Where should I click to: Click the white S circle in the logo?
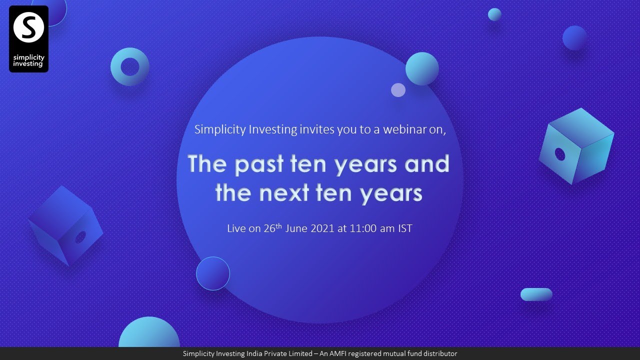(x=28, y=28)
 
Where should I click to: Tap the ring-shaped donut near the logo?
(x=130, y=66)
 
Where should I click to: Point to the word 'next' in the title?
(x=281, y=193)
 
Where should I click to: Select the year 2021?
(x=323, y=228)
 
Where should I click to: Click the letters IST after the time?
(x=404, y=228)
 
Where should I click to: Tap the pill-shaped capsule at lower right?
(x=536, y=294)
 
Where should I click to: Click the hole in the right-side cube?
(x=560, y=154)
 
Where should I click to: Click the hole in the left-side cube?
(x=80, y=238)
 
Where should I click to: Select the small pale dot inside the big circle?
(x=398, y=90)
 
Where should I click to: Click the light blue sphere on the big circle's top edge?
(x=422, y=68)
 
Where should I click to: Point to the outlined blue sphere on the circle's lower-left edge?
(x=213, y=273)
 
